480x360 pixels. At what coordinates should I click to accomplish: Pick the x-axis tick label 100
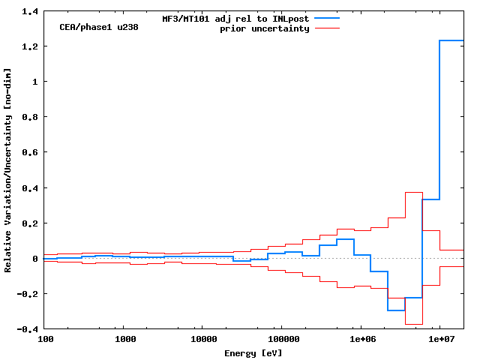click(x=46, y=340)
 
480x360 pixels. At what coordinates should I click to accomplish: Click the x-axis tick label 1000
click(x=125, y=340)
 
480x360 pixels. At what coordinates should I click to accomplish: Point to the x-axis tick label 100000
click(x=281, y=340)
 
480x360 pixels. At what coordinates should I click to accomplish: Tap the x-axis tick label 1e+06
click(x=361, y=340)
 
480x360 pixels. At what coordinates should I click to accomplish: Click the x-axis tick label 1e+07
click(x=439, y=340)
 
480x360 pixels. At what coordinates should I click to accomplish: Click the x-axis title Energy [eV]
click(x=253, y=352)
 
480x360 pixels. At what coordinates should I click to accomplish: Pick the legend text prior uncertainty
click(x=265, y=28)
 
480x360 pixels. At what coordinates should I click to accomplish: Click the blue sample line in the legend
click(x=327, y=18)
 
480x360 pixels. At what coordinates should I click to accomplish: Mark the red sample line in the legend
click(x=327, y=28)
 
